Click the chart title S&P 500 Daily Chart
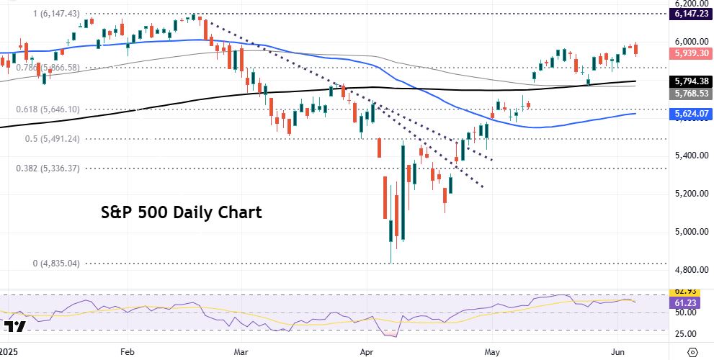pyautogui.click(x=180, y=213)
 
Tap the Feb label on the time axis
pyautogui.click(x=128, y=352)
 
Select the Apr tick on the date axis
pyautogui.click(x=367, y=352)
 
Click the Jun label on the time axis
pyautogui.click(x=618, y=352)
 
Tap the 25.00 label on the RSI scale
pyautogui.click(x=684, y=334)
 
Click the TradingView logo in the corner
pyautogui.click(x=15, y=327)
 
